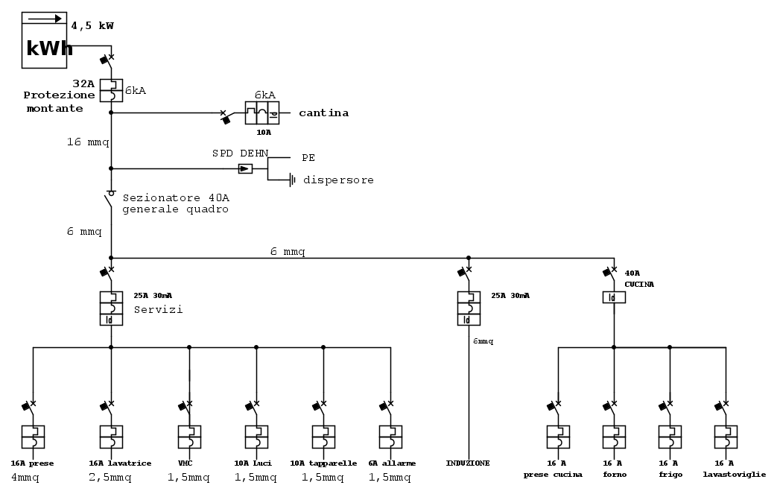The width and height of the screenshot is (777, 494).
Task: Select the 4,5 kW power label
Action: click(x=92, y=26)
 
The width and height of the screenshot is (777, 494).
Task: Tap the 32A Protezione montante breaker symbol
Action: click(x=111, y=90)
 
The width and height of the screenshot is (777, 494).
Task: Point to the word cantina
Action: click(x=323, y=113)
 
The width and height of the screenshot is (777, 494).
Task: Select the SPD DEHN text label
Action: click(x=240, y=153)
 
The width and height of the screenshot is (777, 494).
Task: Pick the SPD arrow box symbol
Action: click(x=245, y=169)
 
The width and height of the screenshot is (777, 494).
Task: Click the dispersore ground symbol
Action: click(x=292, y=180)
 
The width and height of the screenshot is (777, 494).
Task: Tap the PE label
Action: click(x=308, y=158)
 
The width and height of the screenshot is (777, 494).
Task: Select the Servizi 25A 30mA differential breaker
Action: click(x=111, y=308)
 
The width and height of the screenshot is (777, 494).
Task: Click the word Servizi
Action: click(x=158, y=308)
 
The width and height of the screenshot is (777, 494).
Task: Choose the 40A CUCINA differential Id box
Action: click(x=614, y=297)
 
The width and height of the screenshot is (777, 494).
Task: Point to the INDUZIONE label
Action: click(x=468, y=463)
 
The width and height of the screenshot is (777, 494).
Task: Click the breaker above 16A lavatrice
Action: click(x=111, y=437)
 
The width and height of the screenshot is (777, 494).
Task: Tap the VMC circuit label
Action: click(x=185, y=463)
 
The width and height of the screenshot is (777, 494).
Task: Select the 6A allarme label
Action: click(x=391, y=463)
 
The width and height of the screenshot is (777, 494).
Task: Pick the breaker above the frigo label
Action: click(x=670, y=437)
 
